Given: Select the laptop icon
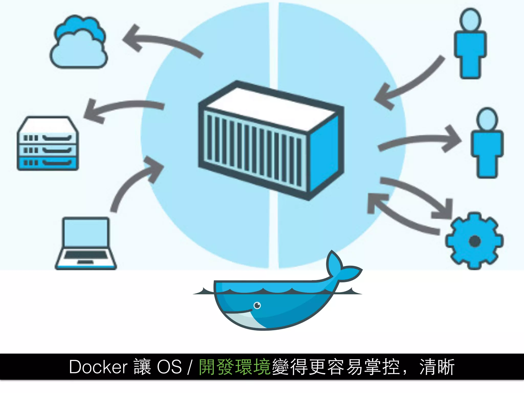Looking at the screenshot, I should (x=86, y=243).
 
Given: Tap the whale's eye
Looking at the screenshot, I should (x=257, y=305).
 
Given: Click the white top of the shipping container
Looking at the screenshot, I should (x=271, y=107).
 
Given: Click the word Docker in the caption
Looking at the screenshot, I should (x=98, y=367).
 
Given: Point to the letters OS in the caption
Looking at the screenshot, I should (x=169, y=367).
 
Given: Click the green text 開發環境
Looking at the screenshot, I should (x=235, y=367).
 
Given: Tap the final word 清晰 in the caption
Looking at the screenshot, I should (x=437, y=367).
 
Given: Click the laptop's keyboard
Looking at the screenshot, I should (x=86, y=255).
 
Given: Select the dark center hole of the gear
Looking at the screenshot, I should (x=475, y=241).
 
